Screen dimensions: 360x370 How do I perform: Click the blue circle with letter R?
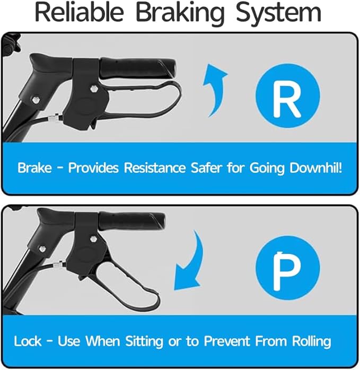coord(288,96)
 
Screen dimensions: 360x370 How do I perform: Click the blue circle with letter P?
coord(288,268)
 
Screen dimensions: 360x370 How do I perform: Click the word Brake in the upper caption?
coord(34,168)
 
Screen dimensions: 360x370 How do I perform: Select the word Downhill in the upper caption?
coord(315,168)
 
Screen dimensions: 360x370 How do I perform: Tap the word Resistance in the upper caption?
coord(155,168)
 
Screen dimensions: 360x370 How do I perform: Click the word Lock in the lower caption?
coord(28,341)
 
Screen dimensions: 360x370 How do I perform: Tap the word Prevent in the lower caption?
coord(227,341)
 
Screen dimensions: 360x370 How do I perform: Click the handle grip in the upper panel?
coord(138,68)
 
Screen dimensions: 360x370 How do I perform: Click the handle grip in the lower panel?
coord(131,222)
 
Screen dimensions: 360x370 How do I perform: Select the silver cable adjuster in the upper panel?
coord(54,117)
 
